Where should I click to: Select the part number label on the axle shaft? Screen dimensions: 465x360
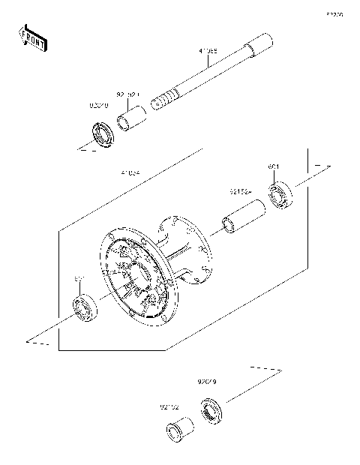click(x=208, y=52)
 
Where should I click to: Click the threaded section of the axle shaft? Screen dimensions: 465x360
click(x=164, y=98)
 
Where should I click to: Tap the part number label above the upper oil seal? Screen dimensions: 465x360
click(x=100, y=106)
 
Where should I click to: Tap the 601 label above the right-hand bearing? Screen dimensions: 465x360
click(x=274, y=166)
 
